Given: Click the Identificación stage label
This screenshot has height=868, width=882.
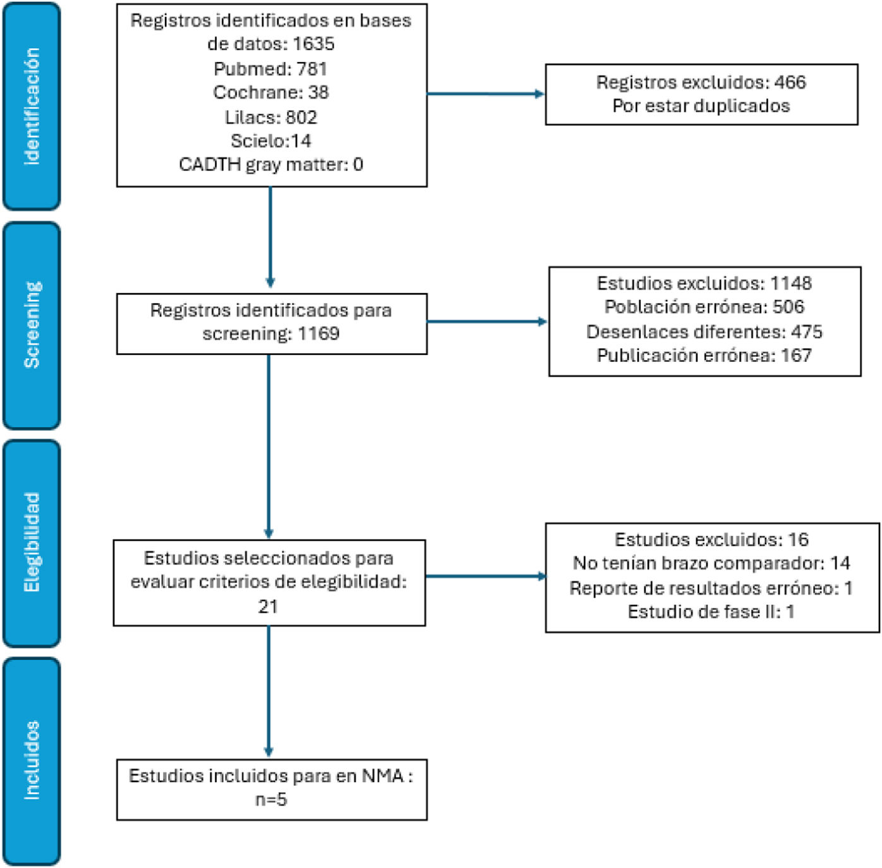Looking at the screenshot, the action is [32, 106].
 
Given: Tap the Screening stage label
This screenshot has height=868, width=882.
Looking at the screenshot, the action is [32, 325].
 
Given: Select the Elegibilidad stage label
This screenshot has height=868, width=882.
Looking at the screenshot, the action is [32, 543].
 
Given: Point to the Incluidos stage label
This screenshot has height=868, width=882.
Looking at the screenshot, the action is [32, 761].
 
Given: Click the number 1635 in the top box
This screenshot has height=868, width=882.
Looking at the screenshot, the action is [313, 44].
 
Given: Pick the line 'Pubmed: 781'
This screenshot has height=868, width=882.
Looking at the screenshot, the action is [270, 69].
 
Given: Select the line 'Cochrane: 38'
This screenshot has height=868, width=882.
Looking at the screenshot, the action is [271, 92].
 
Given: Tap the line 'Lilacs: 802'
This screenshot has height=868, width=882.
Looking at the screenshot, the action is [271, 118].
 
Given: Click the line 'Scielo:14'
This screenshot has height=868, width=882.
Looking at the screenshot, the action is [271, 140].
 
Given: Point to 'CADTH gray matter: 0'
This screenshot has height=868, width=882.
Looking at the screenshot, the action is [271, 164].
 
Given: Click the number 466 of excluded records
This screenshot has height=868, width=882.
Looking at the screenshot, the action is [790, 82].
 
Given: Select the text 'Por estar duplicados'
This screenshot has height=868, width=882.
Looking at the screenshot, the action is [701, 106].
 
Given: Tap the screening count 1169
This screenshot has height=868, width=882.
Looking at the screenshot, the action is [318, 334].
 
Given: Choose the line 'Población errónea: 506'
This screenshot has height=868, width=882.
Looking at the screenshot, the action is [704, 307].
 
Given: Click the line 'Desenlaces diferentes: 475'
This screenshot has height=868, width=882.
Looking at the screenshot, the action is [704, 332].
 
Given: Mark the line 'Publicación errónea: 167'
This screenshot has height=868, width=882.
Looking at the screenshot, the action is [704, 355].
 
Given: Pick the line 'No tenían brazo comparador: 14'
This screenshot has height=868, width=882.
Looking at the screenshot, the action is [712, 563].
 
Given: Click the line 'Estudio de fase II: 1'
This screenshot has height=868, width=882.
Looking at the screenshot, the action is [711, 612].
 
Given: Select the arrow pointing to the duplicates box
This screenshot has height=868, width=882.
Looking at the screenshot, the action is [486, 94].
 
